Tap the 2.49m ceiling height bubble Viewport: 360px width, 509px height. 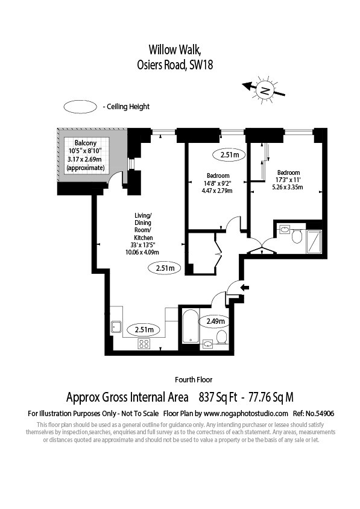[x=216, y=321]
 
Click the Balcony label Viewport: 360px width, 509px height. [x=86, y=143]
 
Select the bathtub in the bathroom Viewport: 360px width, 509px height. [x=191, y=326]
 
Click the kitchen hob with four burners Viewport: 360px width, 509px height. [x=144, y=343]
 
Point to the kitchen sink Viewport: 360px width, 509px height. [x=116, y=327]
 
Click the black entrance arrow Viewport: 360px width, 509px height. [x=244, y=287]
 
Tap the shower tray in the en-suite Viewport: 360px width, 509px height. [x=314, y=241]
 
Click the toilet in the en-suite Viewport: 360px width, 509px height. [x=297, y=235]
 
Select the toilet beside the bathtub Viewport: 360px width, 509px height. [x=222, y=337]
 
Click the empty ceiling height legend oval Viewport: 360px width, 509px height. [x=80, y=107]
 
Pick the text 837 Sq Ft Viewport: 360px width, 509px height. [x=218, y=397]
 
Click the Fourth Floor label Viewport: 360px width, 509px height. [x=194, y=379]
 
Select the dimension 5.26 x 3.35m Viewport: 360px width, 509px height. [x=288, y=187]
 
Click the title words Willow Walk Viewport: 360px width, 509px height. [x=175, y=49]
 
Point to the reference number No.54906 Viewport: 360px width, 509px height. [x=321, y=414]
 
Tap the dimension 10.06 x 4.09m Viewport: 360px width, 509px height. [x=142, y=252]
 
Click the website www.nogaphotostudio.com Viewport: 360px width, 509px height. [x=246, y=414]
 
